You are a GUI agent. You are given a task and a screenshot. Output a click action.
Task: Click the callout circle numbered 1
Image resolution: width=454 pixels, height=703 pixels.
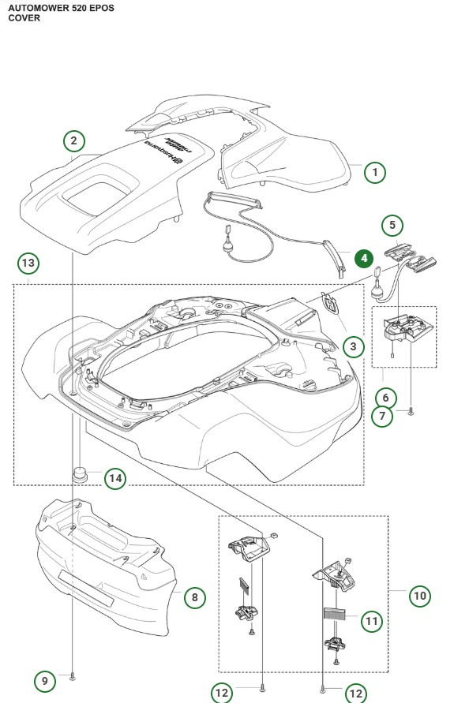(x=375, y=171)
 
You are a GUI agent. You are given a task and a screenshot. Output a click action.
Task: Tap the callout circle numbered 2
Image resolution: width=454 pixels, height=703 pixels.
(x=73, y=142)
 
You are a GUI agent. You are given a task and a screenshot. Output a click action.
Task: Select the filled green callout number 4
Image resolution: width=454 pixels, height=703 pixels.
(x=364, y=258)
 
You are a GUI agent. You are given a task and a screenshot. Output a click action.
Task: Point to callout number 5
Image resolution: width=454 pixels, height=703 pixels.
(x=392, y=225)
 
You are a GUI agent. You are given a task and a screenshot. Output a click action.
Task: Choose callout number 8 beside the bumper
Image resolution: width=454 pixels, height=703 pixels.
(x=195, y=597)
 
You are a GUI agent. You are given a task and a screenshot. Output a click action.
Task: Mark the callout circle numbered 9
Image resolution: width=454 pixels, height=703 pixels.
(x=46, y=680)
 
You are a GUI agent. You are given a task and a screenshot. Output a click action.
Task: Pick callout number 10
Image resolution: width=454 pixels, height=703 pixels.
(x=420, y=596)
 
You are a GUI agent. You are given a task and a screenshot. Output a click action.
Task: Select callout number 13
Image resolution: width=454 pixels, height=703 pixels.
(x=28, y=262)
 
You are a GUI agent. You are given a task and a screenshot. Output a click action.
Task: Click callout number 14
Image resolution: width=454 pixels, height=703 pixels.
(x=115, y=478)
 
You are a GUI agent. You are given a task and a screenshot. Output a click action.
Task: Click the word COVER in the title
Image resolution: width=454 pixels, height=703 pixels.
(x=24, y=17)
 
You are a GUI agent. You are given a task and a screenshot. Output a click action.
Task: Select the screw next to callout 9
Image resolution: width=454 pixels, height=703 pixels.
(x=73, y=676)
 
